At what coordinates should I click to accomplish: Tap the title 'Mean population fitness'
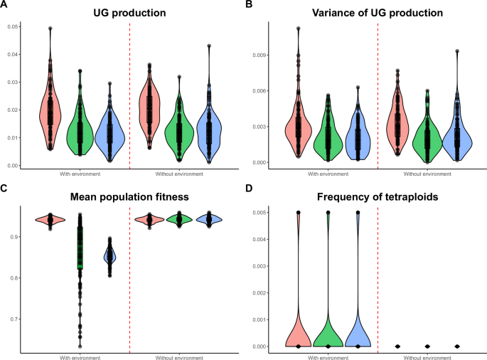click(x=129, y=190)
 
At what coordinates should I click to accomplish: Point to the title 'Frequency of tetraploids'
click(x=374, y=190)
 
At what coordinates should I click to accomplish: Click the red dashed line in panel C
click(x=129, y=285)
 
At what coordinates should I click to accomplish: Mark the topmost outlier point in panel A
click(x=50, y=28)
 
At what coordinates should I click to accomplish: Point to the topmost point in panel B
click(x=298, y=28)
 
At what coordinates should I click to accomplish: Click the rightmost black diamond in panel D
click(x=457, y=346)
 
